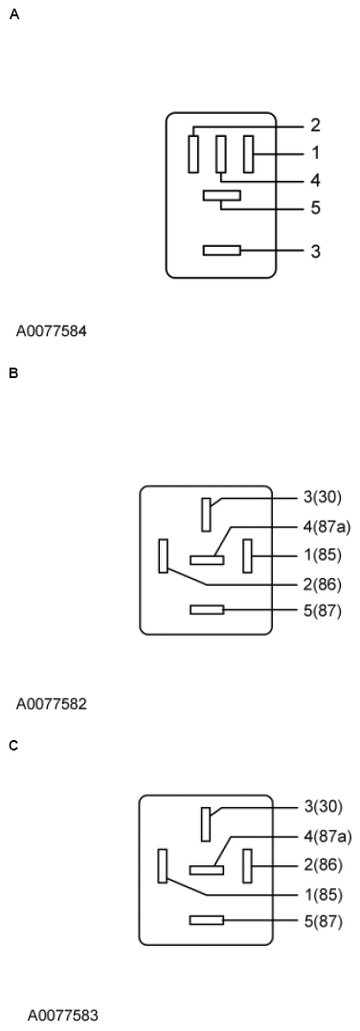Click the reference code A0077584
point(51,332)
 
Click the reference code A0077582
point(51,704)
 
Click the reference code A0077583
point(62,1014)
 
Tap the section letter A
point(13,14)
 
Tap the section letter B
point(13,372)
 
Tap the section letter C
point(13,745)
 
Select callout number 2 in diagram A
point(315,125)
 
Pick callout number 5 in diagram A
point(315,208)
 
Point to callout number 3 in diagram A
point(315,252)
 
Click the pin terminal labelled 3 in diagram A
point(221,251)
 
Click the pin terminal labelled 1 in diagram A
point(248,153)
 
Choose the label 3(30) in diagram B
point(323,497)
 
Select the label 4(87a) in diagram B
point(326,526)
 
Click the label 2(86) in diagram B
point(323,584)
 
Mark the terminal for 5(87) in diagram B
point(207,610)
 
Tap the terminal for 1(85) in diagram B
point(247,555)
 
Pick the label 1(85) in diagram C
point(323,894)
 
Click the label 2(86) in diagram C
point(323,864)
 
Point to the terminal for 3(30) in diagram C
point(206,823)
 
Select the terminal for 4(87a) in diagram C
point(206,870)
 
